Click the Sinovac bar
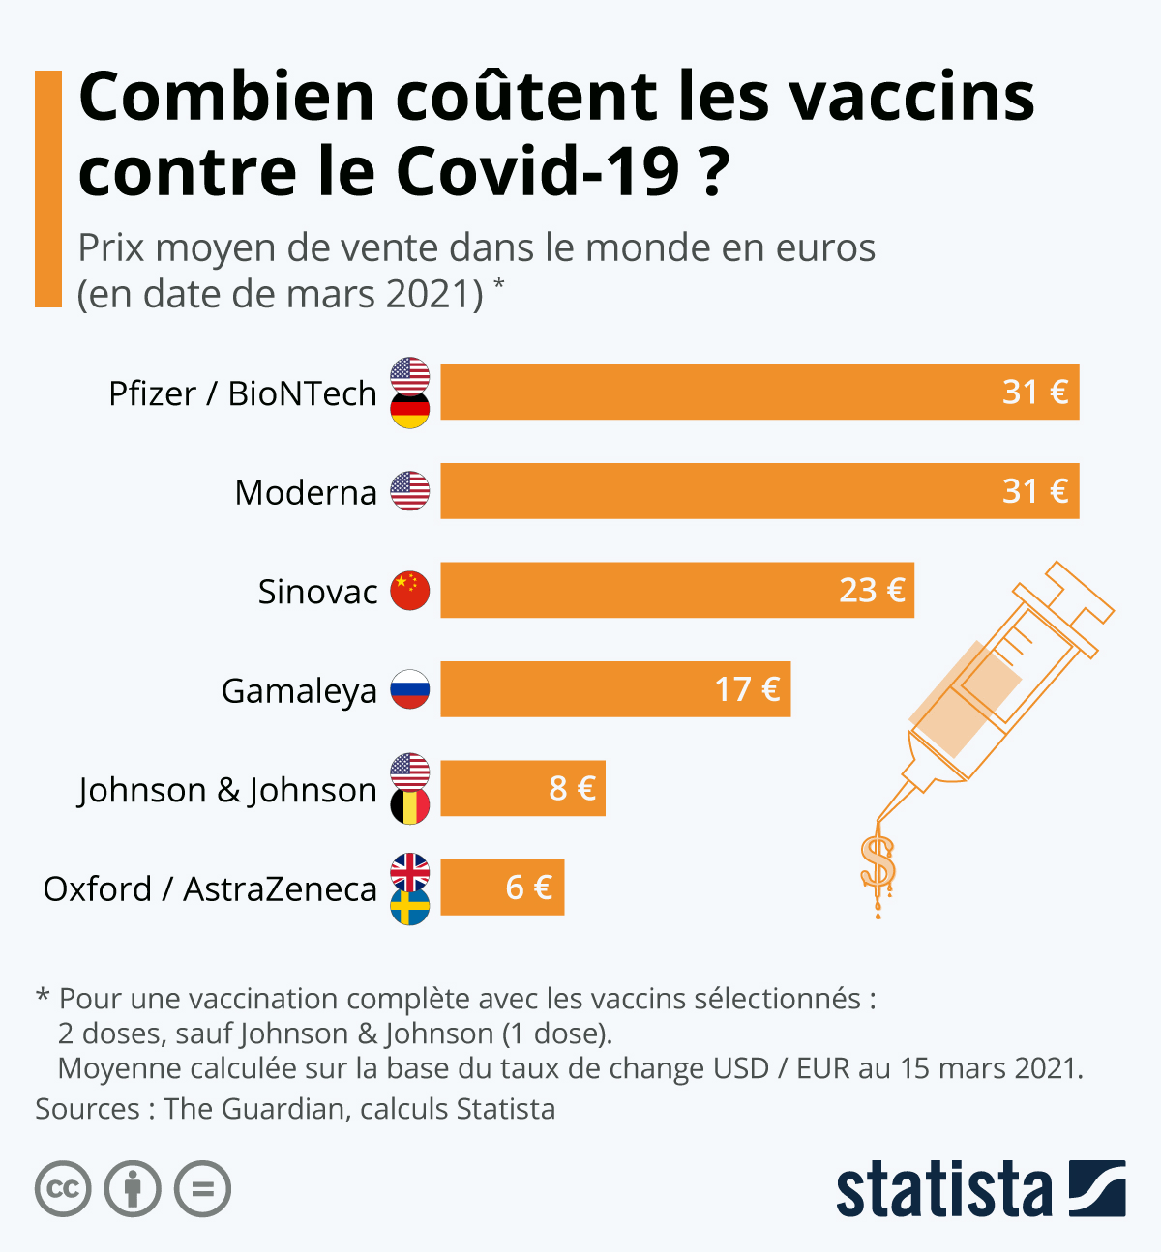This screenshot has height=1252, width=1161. [677, 590]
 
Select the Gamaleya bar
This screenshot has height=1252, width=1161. [615, 689]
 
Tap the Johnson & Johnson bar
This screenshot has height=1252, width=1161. [522, 788]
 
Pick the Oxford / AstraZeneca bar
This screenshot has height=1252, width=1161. [502, 888]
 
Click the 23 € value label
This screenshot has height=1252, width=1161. [872, 590]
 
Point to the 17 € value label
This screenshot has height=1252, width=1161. [747, 689]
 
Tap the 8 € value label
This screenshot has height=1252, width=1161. [572, 788]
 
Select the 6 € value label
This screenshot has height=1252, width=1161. [529, 888]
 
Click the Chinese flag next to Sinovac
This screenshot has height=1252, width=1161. [410, 591]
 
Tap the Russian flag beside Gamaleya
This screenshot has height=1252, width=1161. [410, 689]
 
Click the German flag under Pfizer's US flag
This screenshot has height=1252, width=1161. [410, 412]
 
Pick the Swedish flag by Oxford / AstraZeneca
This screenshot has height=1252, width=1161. [410, 907]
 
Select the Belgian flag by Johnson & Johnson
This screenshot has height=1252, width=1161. [410, 806]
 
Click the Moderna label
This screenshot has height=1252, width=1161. [306, 492]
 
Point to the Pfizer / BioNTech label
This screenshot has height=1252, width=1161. [242, 393]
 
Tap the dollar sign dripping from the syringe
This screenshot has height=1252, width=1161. [878, 862]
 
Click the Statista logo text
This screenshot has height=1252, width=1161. [943, 1190]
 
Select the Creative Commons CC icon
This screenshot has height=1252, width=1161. [63, 1188]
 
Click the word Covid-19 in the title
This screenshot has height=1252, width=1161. [539, 171]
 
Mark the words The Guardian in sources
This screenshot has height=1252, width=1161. [253, 1108]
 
